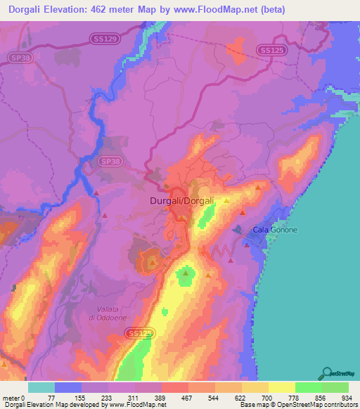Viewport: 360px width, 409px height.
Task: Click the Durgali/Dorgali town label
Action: click(182, 202)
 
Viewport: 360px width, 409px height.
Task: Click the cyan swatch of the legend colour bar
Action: click(41, 387)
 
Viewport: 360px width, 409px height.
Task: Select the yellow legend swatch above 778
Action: click(281, 387)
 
